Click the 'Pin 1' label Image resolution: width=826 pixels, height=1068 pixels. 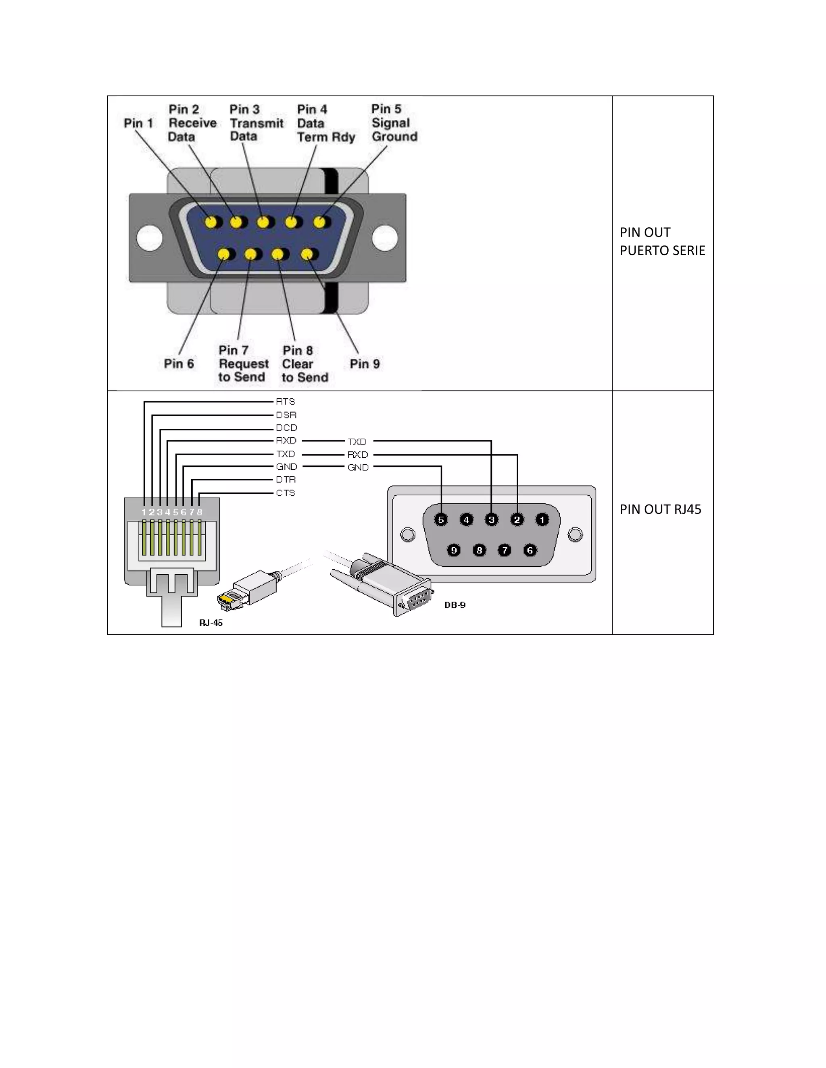click(138, 123)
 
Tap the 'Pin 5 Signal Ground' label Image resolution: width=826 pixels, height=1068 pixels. click(394, 123)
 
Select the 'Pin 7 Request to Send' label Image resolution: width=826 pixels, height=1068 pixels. click(243, 364)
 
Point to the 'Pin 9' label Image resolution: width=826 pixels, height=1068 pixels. click(365, 364)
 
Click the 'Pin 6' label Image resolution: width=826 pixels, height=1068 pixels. click(179, 364)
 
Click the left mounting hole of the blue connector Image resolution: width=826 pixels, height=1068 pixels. click(149, 238)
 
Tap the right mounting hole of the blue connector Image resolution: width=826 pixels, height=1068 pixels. click(385, 238)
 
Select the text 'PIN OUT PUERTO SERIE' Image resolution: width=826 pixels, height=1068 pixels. click(662, 241)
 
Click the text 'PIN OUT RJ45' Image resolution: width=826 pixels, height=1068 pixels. click(660, 509)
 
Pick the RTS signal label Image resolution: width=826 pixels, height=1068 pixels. click(285, 401)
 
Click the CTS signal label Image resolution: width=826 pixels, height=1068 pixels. click(285, 493)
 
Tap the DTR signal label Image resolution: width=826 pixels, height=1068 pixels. click(286, 480)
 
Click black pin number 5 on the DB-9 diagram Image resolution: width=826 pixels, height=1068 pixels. click(441, 520)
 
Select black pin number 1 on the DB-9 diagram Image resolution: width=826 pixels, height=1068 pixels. click(542, 520)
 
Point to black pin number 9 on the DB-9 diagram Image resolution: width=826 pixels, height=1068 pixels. click(454, 551)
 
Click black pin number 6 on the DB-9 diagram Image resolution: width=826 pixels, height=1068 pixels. click(530, 551)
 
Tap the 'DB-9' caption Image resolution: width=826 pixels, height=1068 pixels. click(455, 605)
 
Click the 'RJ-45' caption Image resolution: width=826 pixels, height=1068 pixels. click(211, 623)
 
